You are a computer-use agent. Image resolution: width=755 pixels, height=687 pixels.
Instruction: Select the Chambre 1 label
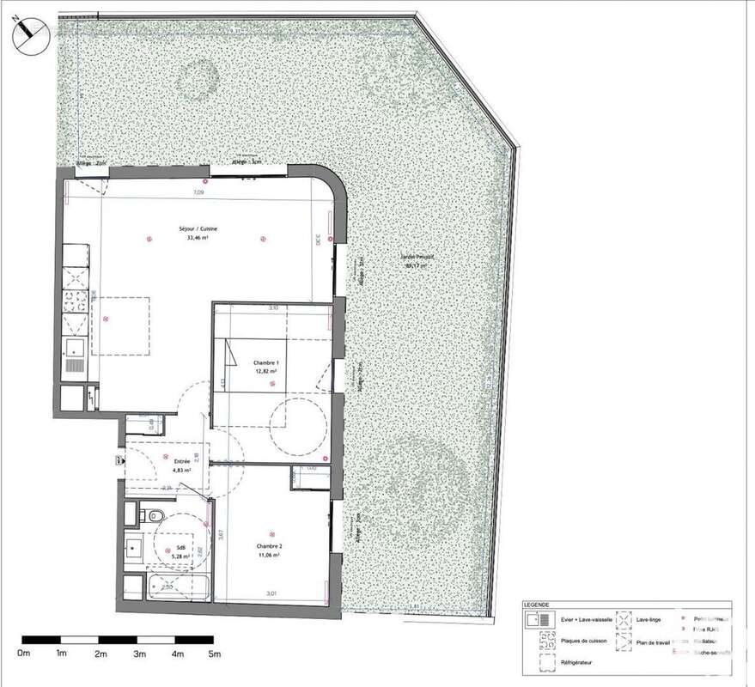[265, 363]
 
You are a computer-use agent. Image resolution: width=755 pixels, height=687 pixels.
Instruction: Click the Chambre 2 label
[271, 546]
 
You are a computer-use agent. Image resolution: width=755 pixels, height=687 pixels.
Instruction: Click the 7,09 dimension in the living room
[198, 193]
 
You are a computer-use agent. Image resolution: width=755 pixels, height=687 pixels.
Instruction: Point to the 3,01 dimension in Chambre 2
[271, 593]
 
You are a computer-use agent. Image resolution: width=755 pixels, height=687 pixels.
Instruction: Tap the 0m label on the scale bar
[24, 654]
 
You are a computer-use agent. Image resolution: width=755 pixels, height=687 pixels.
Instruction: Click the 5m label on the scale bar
[214, 654]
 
